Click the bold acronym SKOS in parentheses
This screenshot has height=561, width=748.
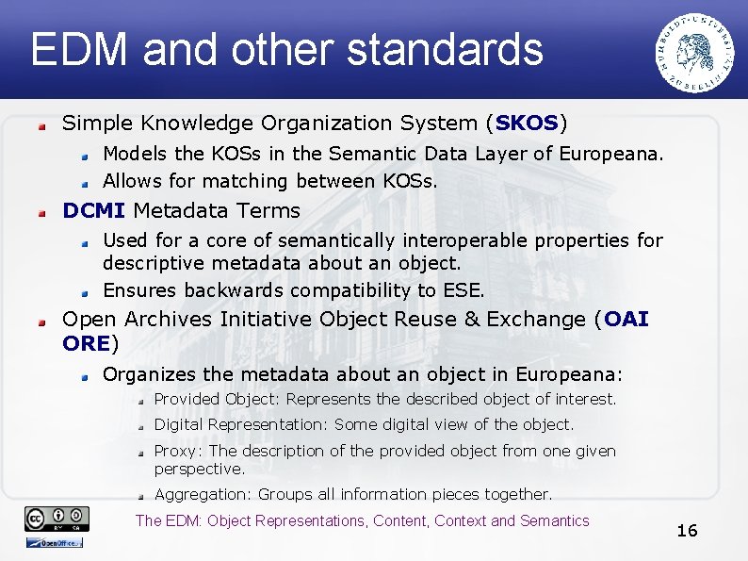pos(527,124)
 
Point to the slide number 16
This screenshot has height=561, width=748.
pos(687,531)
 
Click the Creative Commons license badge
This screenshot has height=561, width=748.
pos(57,518)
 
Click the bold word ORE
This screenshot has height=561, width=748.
pos(86,343)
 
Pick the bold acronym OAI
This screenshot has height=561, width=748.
pos(626,320)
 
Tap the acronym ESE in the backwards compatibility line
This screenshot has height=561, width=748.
pos(463,290)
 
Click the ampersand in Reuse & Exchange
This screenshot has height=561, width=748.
pos(497,320)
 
